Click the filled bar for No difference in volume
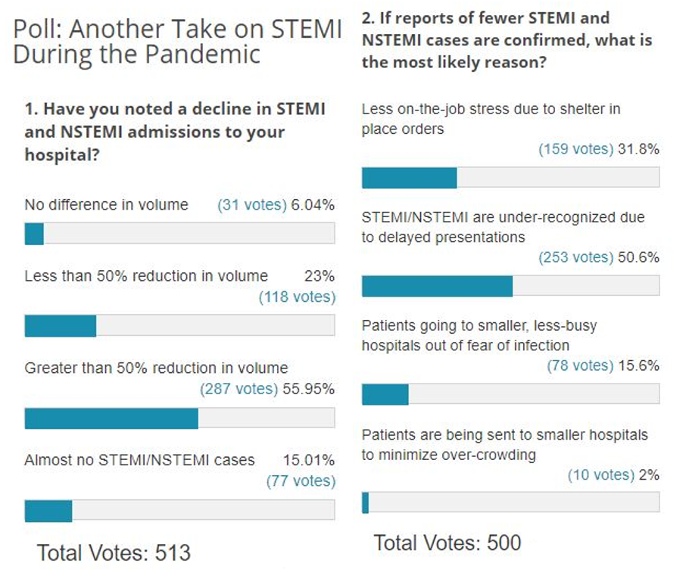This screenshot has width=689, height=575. pos(34,234)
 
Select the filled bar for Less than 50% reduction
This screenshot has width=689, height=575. pos(61,325)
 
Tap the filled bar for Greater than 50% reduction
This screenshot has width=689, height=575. pos(111,418)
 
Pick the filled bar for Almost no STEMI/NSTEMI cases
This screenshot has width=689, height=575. pos(48,511)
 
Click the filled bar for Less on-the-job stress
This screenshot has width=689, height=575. pos(409,177)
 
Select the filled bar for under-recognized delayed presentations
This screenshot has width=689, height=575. pos(437,286)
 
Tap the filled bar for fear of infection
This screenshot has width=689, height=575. pos(385,394)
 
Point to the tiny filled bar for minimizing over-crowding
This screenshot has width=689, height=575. pos(365,502)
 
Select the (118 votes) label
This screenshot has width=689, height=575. pos(297,297)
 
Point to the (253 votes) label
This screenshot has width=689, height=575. pos(576,257)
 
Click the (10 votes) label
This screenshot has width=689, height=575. pos(601,474)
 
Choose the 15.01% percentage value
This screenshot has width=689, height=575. pos(309,460)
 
